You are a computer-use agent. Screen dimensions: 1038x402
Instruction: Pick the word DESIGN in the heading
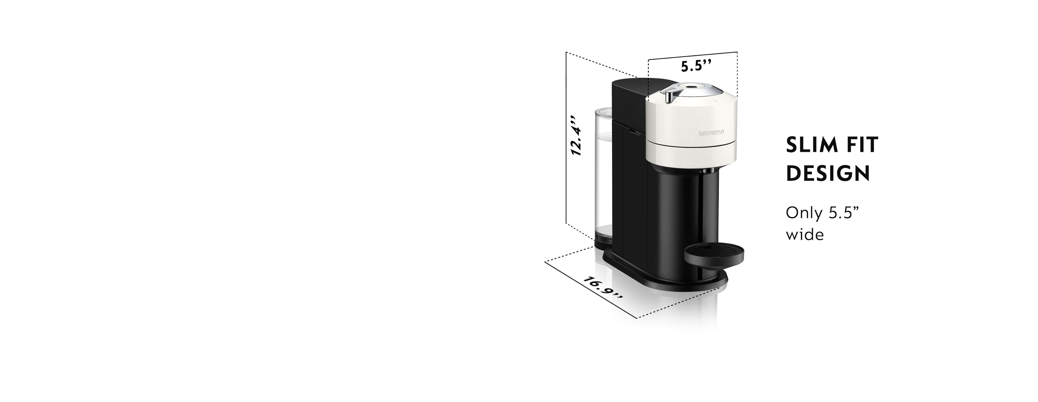pyautogui.click(x=828, y=174)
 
